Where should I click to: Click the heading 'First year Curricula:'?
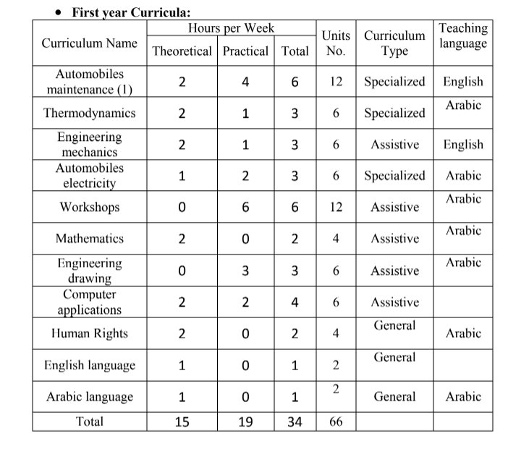pos(130,12)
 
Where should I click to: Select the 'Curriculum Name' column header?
pos(89,43)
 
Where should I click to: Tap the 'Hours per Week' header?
pos(231,28)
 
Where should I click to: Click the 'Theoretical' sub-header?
pos(182,51)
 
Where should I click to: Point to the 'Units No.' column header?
pos(336,43)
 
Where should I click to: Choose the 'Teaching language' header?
pos(463,35)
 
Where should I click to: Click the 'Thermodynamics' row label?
pos(89,114)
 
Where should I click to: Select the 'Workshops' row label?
pos(89,208)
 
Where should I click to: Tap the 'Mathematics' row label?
pos(89,239)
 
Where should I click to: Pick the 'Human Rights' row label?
pos(89,333)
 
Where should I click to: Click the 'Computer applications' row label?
pos(89,302)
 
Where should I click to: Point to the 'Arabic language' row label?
pos(89,397)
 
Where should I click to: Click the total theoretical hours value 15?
pos(182,422)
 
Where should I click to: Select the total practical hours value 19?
pos(245,422)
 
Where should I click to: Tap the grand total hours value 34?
pos(295,422)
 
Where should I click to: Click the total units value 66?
pos(336,422)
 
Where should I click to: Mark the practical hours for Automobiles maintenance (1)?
pos(245,82)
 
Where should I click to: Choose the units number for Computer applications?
pos(336,302)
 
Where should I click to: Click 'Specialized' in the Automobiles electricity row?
pos(394,176)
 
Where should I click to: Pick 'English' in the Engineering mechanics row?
pos(463,145)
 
